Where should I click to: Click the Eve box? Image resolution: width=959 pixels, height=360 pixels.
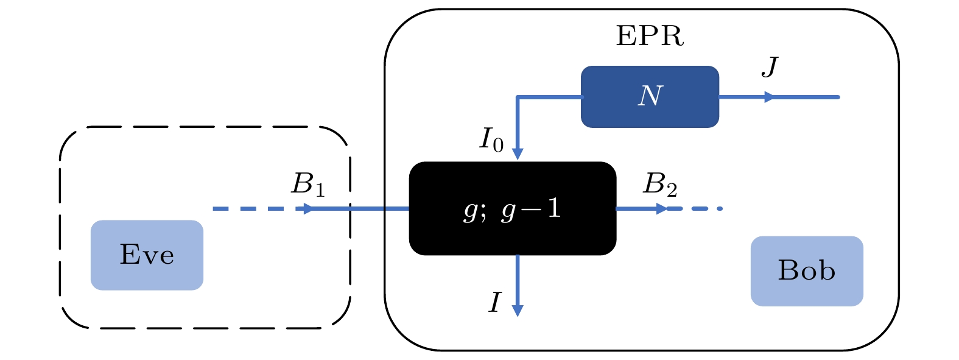tap(147, 255)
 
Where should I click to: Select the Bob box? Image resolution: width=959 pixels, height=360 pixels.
tap(806, 271)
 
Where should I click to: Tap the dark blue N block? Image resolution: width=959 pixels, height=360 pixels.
tap(650, 97)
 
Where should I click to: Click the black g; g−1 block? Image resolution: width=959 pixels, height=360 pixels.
tap(513, 208)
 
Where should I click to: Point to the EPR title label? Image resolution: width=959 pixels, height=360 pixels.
tap(650, 37)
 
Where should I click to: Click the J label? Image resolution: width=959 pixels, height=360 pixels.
tap(770, 66)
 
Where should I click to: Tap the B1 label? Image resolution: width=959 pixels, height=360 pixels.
tap(308, 184)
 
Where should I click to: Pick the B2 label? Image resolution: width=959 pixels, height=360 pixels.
tap(660, 184)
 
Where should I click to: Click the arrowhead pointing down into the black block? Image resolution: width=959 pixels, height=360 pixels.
tap(518, 154)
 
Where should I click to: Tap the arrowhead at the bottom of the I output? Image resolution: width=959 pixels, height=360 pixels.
tap(518, 310)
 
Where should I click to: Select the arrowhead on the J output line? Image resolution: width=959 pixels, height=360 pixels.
tap(770, 97)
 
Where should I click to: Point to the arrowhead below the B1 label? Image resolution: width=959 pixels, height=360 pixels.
tap(309, 209)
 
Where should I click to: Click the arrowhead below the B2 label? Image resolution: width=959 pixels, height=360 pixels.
tap(662, 209)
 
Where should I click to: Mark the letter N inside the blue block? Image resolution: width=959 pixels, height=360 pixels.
tap(650, 96)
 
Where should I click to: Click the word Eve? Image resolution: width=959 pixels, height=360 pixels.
tap(147, 255)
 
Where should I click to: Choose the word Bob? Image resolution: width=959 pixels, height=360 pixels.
tap(806, 270)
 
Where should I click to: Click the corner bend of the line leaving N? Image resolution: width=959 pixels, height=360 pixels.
tap(518, 97)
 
